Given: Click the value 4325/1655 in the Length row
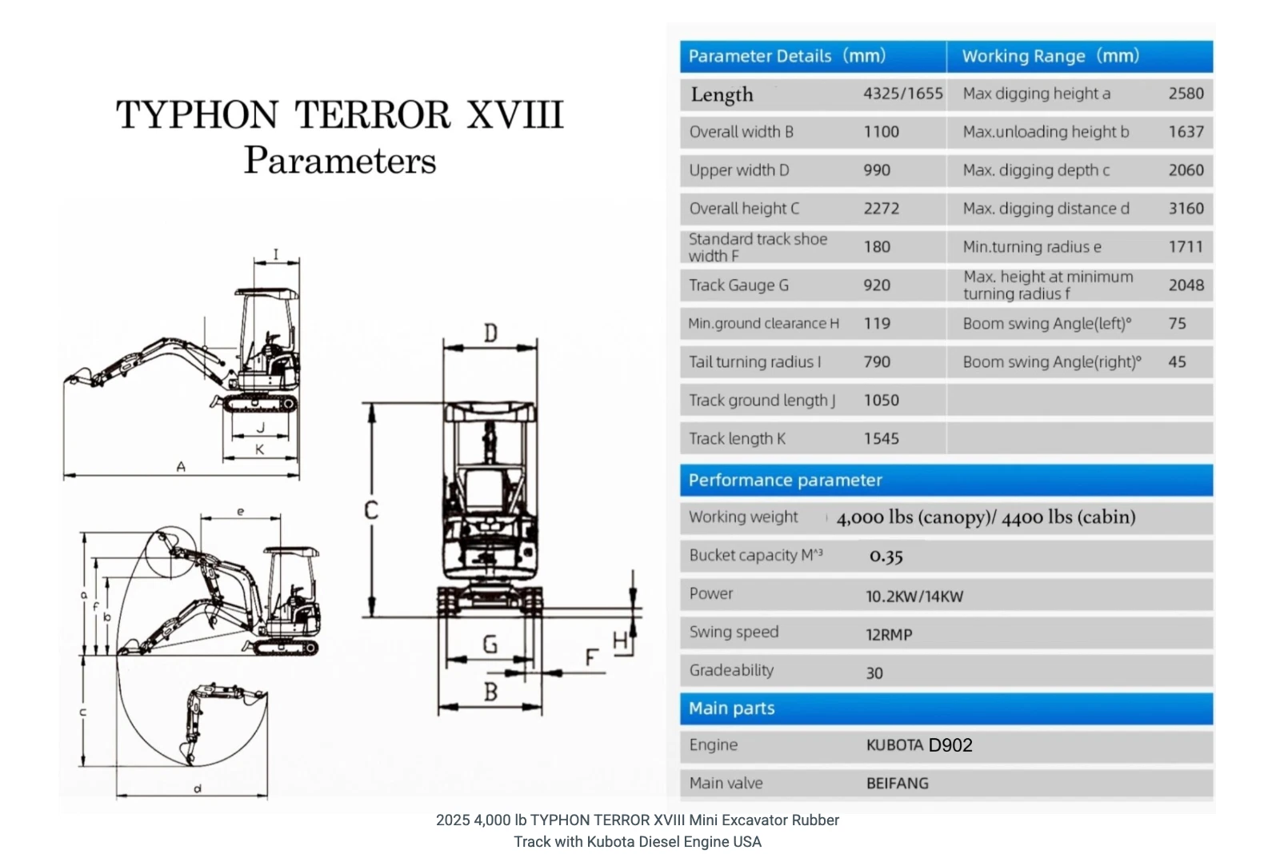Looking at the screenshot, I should (902, 94).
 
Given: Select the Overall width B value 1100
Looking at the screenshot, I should (881, 132).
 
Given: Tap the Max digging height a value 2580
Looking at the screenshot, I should (1186, 94).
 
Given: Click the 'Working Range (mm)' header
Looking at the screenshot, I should (1050, 56).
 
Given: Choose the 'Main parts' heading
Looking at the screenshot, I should (731, 708).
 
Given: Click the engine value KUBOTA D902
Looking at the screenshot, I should (919, 745).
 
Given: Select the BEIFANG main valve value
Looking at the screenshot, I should (897, 784).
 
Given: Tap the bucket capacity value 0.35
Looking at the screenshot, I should (886, 557).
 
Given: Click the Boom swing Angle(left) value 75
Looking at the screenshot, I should (1177, 324).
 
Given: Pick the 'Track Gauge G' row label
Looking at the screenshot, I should (738, 285).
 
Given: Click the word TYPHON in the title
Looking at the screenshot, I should (198, 115).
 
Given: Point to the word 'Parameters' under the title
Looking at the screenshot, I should (340, 161).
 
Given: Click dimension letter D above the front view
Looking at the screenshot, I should (490, 333).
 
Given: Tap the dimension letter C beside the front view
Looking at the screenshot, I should (371, 509).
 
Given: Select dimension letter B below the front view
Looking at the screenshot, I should (490, 692).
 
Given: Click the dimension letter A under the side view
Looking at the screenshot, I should (181, 466).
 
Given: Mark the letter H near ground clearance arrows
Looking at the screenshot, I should (620, 640).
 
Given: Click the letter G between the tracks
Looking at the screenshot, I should (490, 644).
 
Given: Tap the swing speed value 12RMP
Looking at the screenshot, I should (888, 635).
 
